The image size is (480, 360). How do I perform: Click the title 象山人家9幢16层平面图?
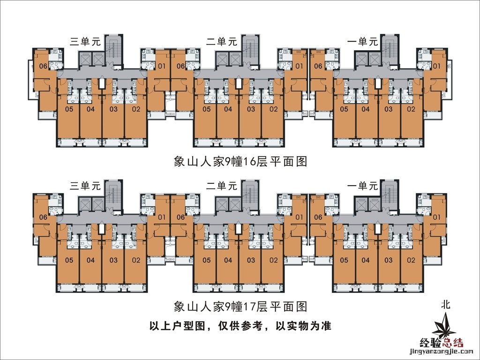(x=240, y=162)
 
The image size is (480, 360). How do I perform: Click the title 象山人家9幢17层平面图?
(x=240, y=307)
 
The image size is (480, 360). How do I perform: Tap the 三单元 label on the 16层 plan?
(x=85, y=41)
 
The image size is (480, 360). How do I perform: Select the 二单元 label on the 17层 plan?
(x=222, y=186)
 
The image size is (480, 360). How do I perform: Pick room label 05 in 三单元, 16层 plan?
(x=69, y=109)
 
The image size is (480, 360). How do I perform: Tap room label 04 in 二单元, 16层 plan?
(x=228, y=109)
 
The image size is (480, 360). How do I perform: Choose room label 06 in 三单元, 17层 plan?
(x=43, y=217)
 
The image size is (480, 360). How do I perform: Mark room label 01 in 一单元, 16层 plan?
(x=436, y=66)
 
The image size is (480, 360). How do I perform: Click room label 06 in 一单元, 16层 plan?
(x=318, y=66)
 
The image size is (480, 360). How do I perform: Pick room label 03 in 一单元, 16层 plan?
(x=388, y=109)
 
